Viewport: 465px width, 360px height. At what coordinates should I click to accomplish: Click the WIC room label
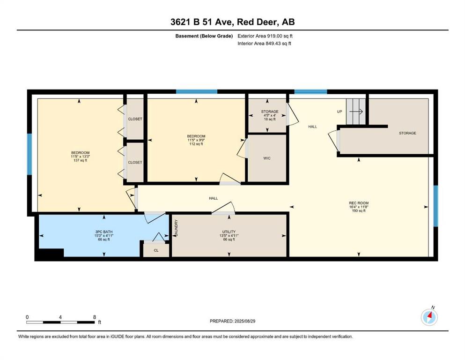click(x=267, y=158)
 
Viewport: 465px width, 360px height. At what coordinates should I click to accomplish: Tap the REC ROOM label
click(x=359, y=203)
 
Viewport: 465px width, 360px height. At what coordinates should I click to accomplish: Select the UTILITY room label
click(x=229, y=232)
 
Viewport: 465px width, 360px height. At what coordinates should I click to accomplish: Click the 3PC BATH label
click(x=104, y=232)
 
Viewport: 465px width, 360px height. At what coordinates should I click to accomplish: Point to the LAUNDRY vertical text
click(x=176, y=228)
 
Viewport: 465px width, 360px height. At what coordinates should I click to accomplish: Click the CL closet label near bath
click(x=156, y=250)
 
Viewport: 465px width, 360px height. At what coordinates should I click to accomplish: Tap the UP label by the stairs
click(x=340, y=112)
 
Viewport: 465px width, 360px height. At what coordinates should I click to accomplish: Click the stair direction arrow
click(x=356, y=112)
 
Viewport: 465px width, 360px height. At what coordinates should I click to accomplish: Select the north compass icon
click(x=429, y=317)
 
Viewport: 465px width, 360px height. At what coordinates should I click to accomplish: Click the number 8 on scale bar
click(x=95, y=317)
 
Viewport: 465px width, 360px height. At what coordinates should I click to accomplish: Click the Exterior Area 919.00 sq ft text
click(x=265, y=36)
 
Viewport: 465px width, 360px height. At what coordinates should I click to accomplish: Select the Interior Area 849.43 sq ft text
click(x=264, y=43)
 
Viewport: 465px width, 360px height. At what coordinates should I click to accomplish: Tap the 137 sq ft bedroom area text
click(x=80, y=160)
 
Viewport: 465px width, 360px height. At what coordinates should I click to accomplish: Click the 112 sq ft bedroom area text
click(x=196, y=144)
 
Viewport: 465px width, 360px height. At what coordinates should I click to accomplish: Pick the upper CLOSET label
click(x=135, y=119)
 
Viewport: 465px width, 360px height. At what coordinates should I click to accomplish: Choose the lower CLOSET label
click(x=135, y=162)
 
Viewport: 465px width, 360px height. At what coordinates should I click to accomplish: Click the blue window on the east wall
click(x=435, y=206)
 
